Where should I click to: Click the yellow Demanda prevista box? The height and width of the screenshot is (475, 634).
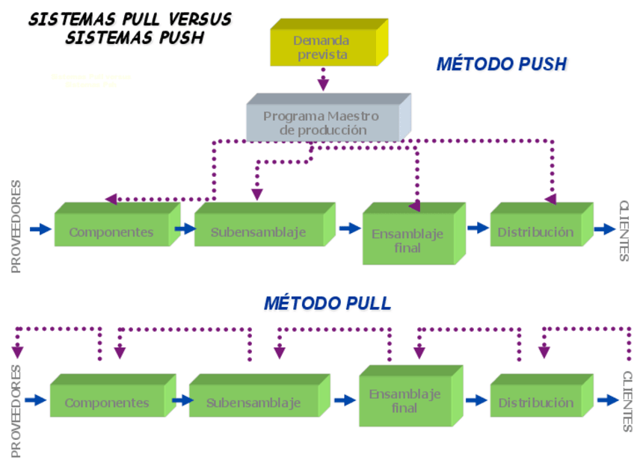click(x=322, y=47)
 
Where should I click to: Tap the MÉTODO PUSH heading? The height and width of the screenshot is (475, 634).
click(x=502, y=65)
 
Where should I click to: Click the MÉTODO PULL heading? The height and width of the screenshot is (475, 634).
click(x=327, y=303)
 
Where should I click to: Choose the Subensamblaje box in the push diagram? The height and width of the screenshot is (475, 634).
click(x=258, y=231)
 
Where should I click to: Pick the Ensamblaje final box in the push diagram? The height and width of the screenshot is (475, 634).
click(x=407, y=240)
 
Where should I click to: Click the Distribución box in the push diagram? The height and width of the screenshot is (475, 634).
click(x=536, y=231)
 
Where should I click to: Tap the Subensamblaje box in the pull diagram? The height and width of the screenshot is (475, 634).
click(x=253, y=403)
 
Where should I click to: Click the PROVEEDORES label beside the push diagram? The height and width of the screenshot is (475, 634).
click(x=17, y=226)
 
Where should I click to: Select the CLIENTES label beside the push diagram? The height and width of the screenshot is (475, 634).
click(x=624, y=231)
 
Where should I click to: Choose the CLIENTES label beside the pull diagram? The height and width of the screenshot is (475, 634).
click(x=626, y=401)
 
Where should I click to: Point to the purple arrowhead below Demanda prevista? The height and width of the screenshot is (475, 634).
click(x=323, y=84)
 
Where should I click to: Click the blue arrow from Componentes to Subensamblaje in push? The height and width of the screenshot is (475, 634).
click(x=184, y=229)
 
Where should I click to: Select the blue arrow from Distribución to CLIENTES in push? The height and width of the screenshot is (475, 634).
click(x=604, y=229)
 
